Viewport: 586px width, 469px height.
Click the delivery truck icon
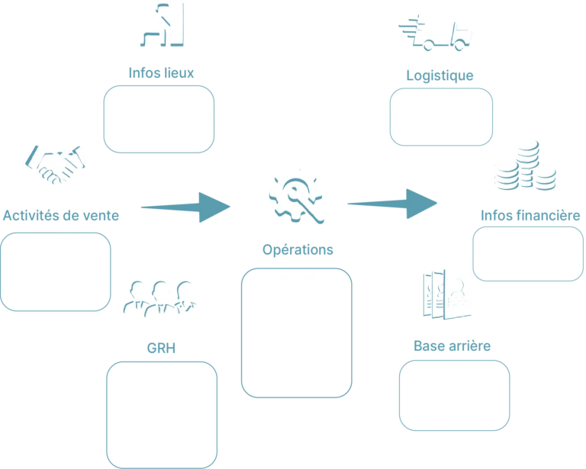click(437, 32)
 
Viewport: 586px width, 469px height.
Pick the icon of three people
click(162, 298)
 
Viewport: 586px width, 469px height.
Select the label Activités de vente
click(60, 216)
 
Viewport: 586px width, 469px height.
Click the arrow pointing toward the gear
click(185, 206)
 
